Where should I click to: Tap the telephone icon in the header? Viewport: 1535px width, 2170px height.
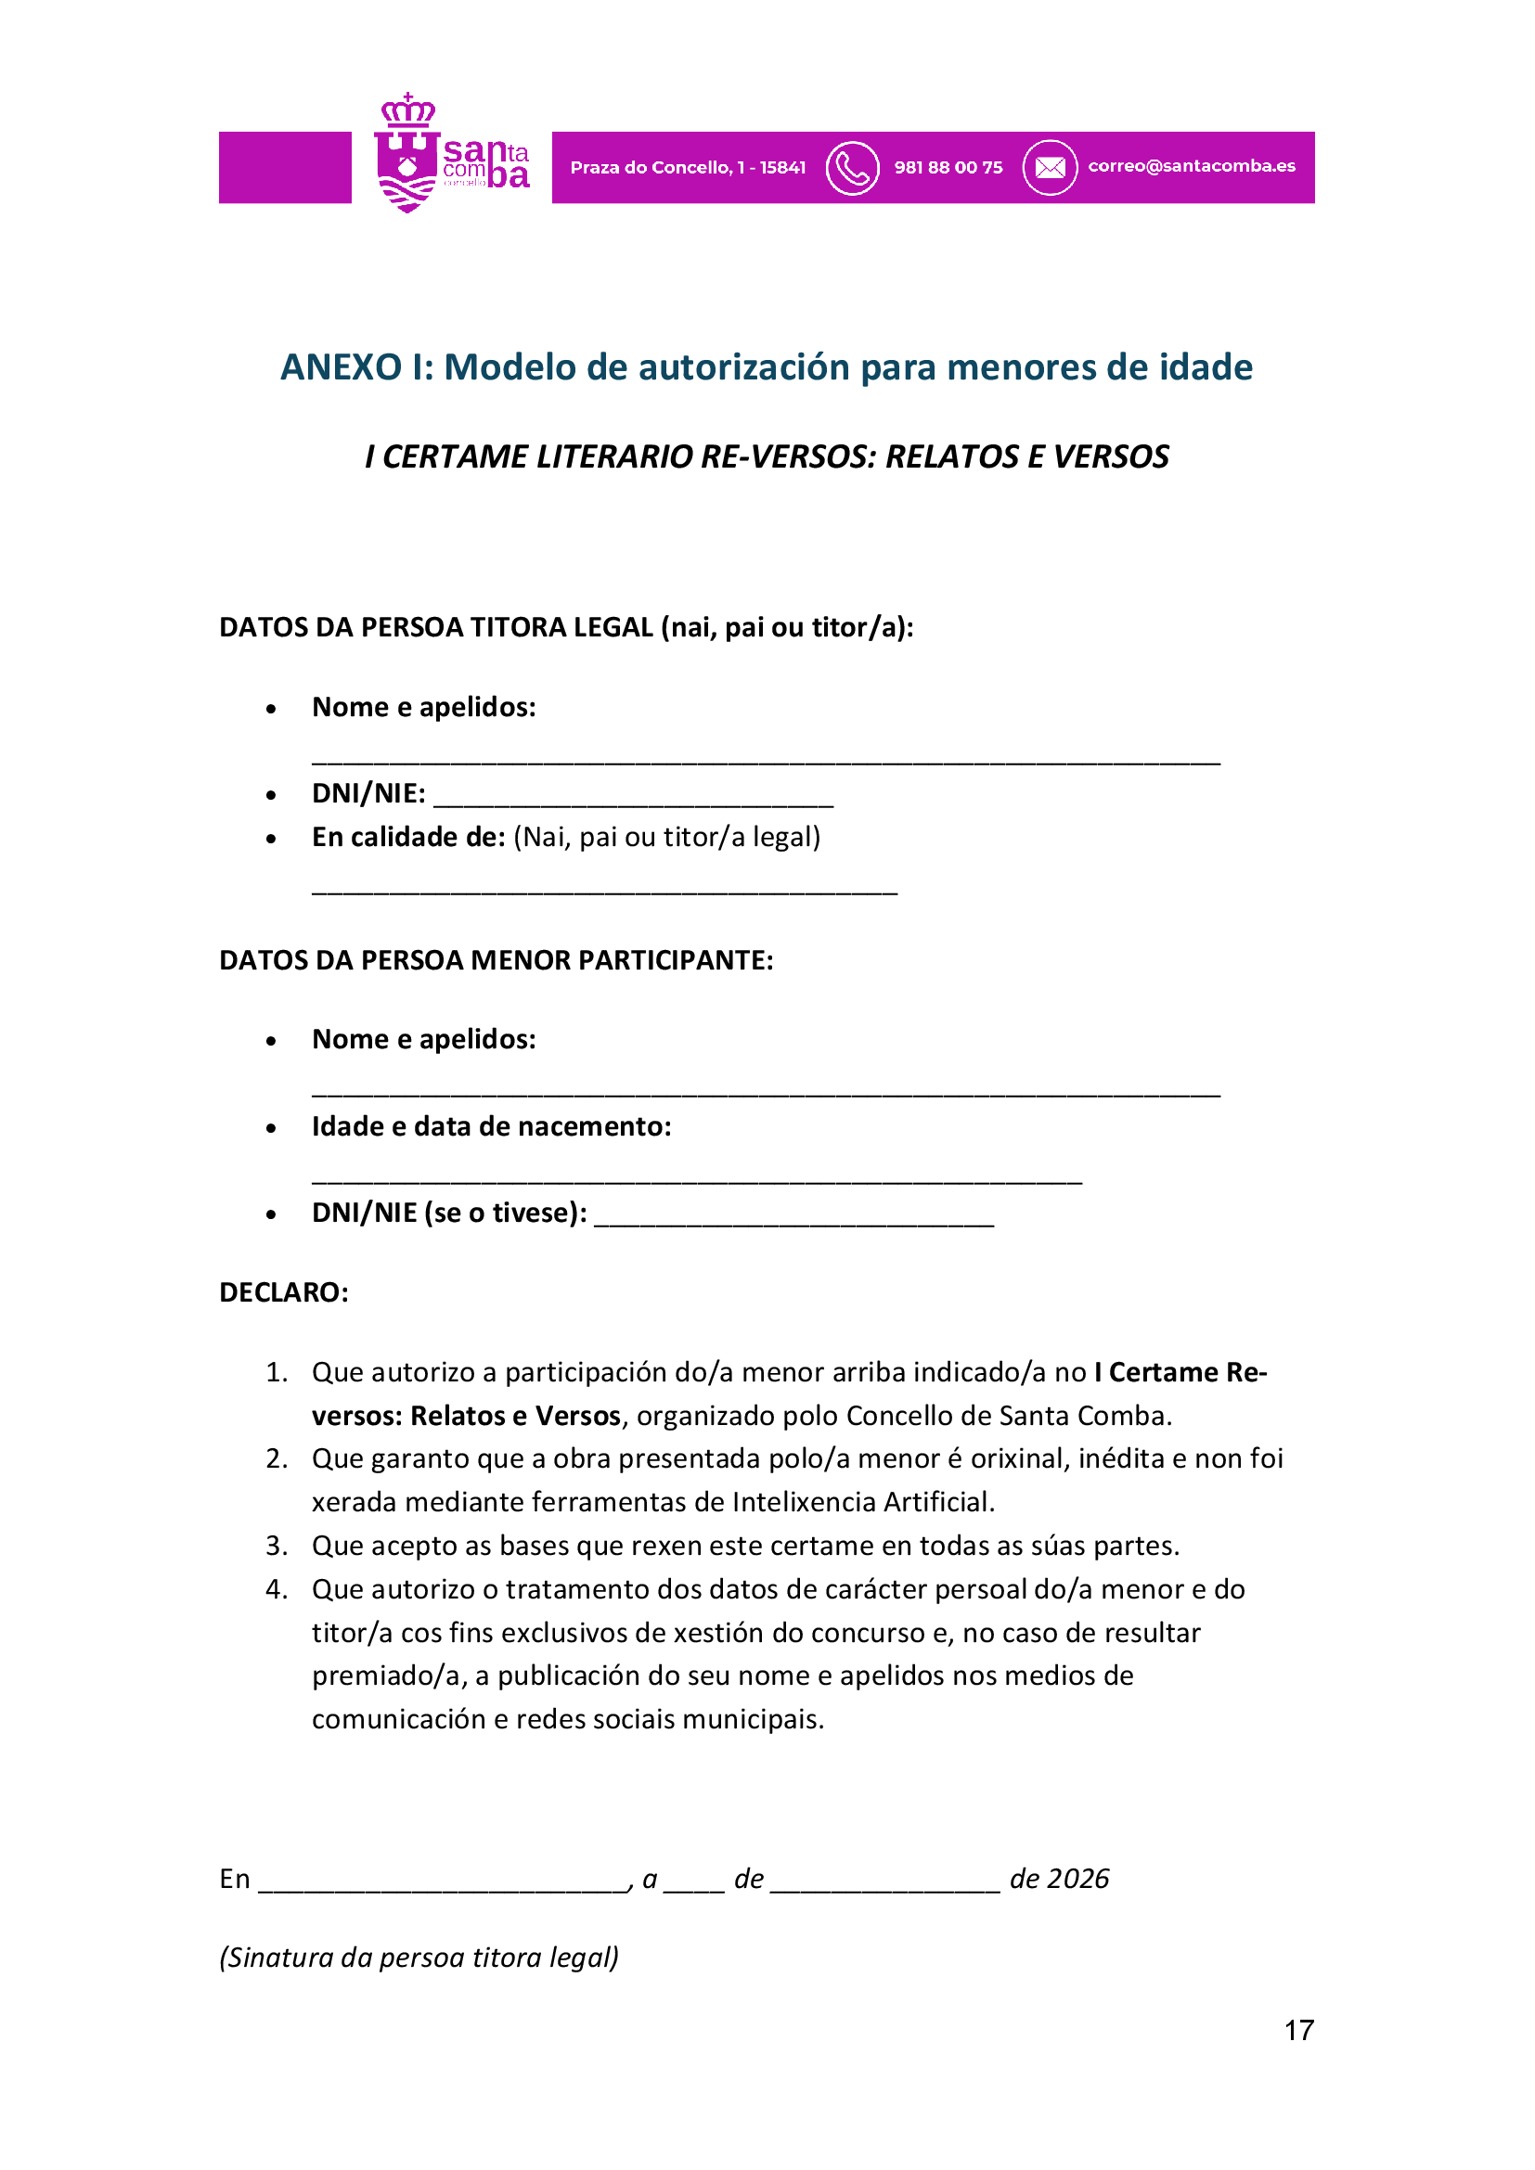pos(852,168)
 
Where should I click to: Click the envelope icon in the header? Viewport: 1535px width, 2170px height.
pos(1050,168)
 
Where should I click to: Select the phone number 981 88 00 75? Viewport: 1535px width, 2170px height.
pos(948,168)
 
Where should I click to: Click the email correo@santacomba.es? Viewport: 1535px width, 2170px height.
pos(1191,166)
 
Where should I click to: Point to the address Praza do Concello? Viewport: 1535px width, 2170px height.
pos(687,168)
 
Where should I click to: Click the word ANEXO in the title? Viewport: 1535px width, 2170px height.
pos(342,367)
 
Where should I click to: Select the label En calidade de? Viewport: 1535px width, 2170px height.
pos(408,838)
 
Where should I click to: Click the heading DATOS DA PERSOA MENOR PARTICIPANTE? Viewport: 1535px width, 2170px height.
pos(497,960)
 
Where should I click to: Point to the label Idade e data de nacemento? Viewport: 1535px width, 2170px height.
pos(492,1126)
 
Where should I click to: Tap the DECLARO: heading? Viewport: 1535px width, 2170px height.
pos(284,1292)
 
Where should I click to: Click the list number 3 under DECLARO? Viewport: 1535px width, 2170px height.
pos(276,1546)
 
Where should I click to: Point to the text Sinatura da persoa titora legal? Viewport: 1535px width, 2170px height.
pos(419,1958)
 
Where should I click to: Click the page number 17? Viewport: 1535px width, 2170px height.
pos(1298,2031)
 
